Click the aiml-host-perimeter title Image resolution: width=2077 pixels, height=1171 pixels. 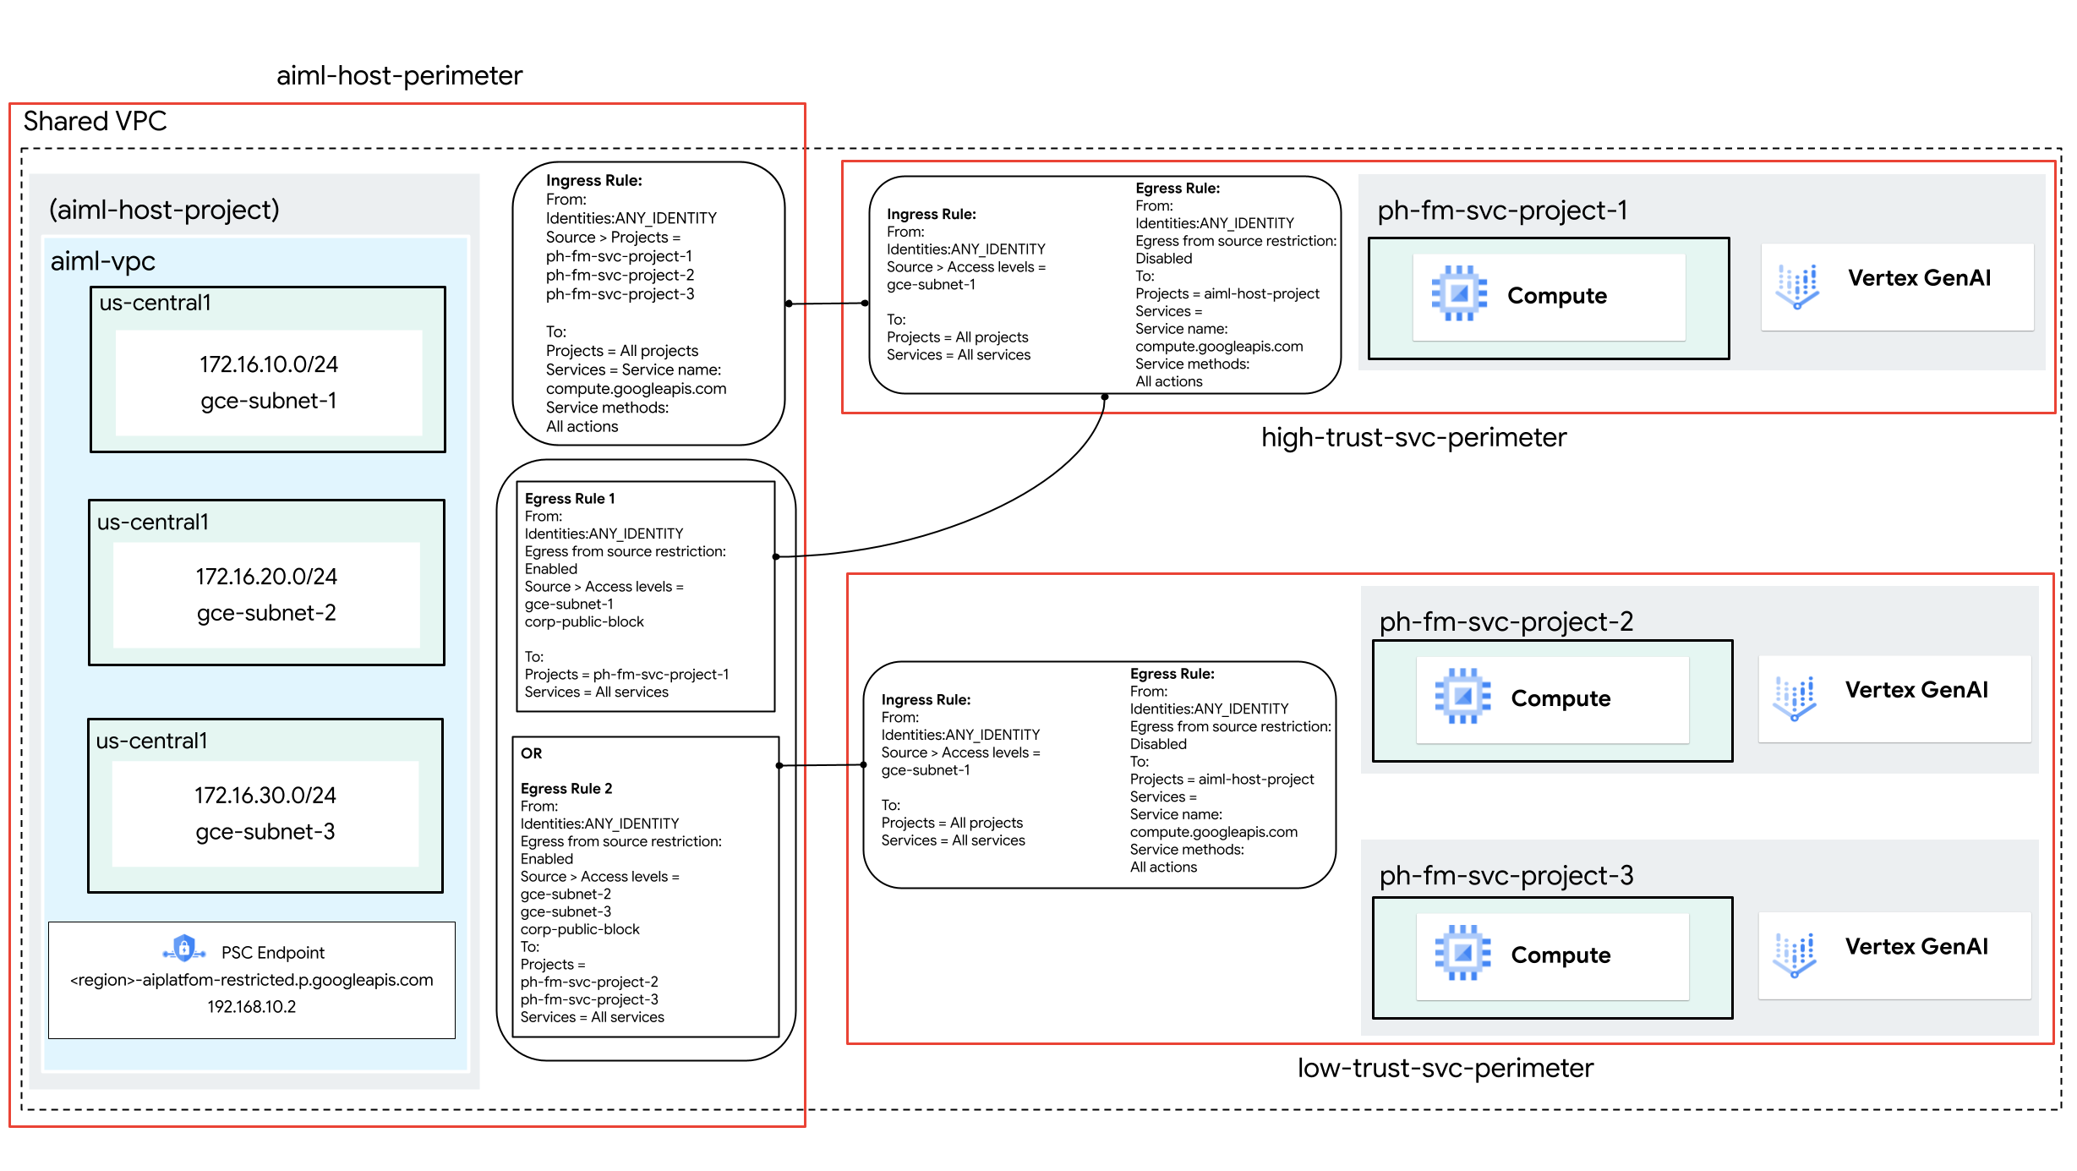(x=399, y=76)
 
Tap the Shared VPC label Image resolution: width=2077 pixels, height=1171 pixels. (x=95, y=122)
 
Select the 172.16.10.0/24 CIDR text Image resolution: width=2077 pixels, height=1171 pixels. (x=268, y=364)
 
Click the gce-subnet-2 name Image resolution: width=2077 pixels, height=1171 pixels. (x=266, y=613)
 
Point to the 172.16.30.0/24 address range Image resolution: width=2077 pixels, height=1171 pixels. (x=265, y=796)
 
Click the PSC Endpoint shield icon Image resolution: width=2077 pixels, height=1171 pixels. (x=183, y=949)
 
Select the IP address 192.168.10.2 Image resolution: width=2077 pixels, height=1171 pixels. (x=251, y=1007)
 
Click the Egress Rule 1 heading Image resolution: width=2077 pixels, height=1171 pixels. (x=569, y=499)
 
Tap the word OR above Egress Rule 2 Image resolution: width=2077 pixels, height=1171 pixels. (x=531, y=753)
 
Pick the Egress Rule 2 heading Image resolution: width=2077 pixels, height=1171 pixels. (x=566, y=789)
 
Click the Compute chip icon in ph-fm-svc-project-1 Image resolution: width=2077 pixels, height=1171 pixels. (x=1458, y=293)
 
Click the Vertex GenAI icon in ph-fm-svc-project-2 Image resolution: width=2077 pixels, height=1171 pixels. (x=1794, y=698)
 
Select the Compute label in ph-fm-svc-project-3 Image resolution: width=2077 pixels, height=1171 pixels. (x=1560, y=955)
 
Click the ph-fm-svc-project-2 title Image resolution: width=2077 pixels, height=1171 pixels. (x=1506, y=622)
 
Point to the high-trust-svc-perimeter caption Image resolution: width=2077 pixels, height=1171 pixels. (x=1413, y=438)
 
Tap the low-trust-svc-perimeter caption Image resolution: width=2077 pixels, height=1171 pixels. (x=1445, y=1069)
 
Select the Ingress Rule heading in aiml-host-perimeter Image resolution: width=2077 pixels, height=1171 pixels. (x=593, y=181)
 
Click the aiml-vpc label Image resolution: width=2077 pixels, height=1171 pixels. (x=102, y=261)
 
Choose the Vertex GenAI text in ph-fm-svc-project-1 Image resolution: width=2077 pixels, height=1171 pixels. (x=1919, y=278)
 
